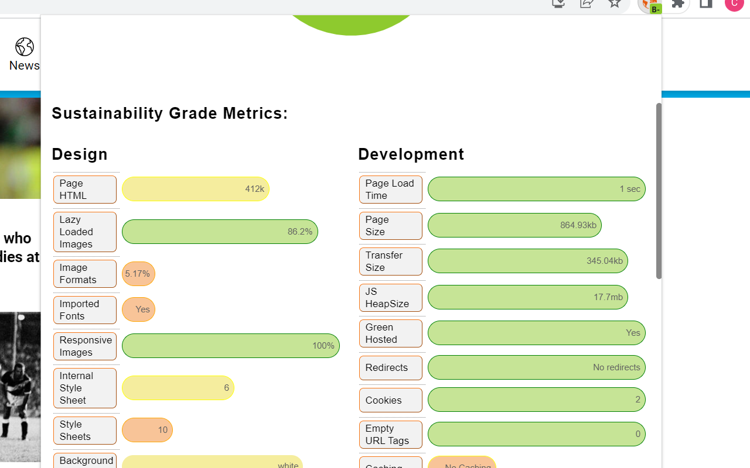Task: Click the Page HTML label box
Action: pos(85,190)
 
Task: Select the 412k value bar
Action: pos(195,189)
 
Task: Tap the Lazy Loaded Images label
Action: pos(85,232)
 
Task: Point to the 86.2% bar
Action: pos(220,232)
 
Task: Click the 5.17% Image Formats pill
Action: pos(138,274)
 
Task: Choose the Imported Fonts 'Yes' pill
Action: pos(138,309)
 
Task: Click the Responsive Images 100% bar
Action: pos(230,346)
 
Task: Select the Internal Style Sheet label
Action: pos(85,388)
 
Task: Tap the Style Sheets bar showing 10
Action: pos(147,430)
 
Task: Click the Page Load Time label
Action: pos(391,190)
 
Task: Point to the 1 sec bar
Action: pos(536,189)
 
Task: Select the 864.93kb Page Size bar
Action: pos(514,225)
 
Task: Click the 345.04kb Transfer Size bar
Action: pos(527,261)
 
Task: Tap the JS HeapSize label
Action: pos(391,298)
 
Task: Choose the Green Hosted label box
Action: pos(391,333)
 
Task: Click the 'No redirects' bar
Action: pos(536,367)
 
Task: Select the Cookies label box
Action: pos(391,400)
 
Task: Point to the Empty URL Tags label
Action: pos(391,435)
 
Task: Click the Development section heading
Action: pos(411,154)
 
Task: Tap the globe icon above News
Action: pos(25,47)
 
